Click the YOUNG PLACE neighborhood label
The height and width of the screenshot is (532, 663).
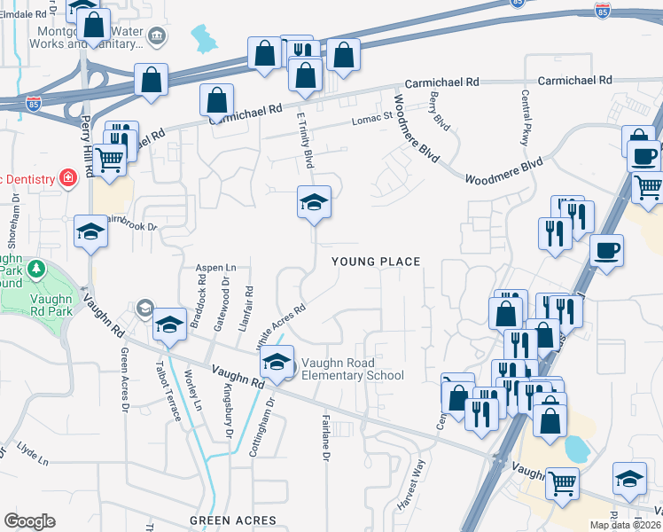[375, 262]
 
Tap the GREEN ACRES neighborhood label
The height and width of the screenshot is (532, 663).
[233, 520]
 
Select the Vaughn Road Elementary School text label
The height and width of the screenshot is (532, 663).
[352, 369]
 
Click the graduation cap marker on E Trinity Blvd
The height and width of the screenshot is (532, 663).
[313, 204]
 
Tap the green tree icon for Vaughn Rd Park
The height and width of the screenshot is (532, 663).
[36, 268]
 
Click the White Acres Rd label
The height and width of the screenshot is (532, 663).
[280, 326]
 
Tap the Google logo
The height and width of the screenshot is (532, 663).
[29, 521]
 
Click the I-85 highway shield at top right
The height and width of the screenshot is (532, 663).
[603, 11]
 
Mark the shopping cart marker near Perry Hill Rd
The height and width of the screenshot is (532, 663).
[109, 160]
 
